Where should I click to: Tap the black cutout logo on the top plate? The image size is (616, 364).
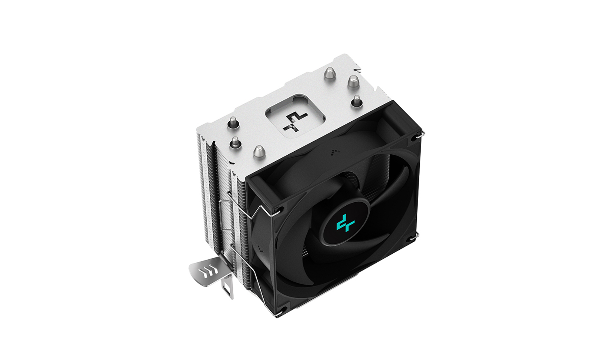tap(295, 121)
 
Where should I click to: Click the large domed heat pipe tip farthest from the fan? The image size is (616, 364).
tap(330, 73)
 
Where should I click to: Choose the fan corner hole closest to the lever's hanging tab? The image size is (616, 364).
tap(280, 310)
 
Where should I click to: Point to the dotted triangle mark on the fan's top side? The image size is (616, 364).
tap(335, 152)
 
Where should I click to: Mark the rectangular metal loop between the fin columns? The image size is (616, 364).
tap(225, 214)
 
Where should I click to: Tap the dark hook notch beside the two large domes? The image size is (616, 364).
tap(358, 70)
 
